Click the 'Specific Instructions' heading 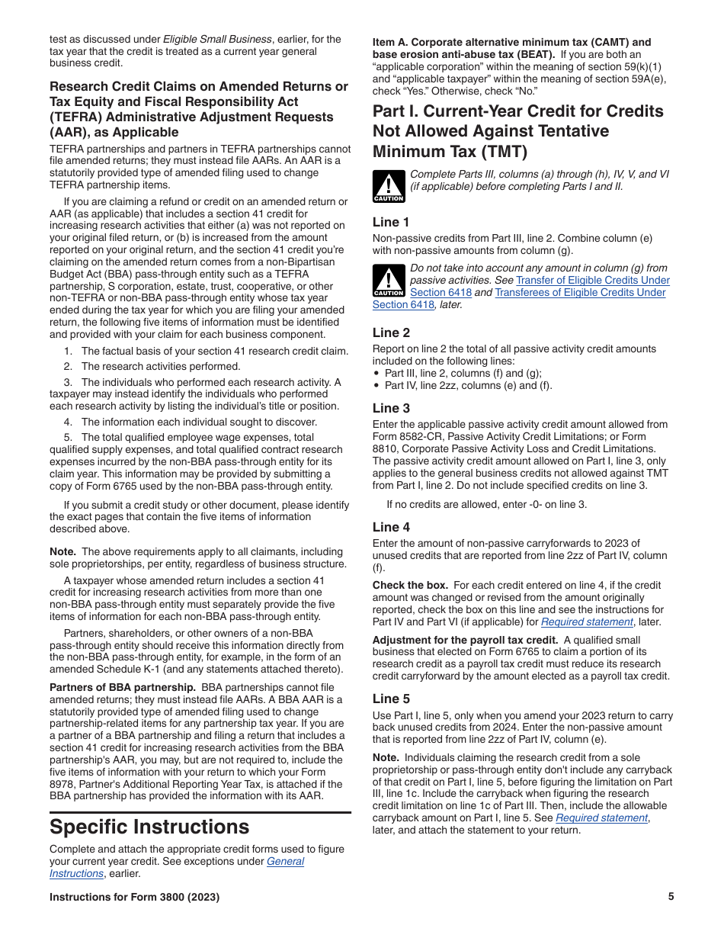click(149, 827)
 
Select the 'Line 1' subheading click(391, 222)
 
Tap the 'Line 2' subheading click(391, 332)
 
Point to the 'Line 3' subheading click(391, 408)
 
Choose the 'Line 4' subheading click(391, 527)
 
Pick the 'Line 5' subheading click(391, 699)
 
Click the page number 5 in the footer click(671, 897)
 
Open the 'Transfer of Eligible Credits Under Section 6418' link click(593, 280)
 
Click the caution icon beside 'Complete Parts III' click(388, 187)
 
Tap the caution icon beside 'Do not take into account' click(388, 281)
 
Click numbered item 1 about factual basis click(206, 351)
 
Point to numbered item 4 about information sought click(191, 422)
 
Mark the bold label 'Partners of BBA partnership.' click(122, 687)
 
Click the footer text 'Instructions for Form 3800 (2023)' click(134, 897)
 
